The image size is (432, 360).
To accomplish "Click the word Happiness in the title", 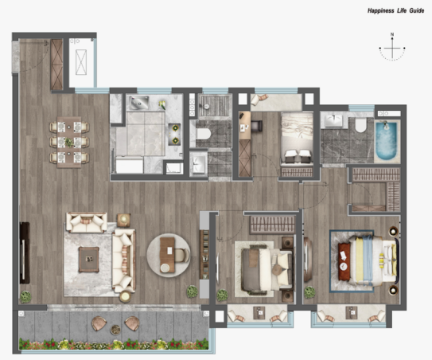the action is [381, 11].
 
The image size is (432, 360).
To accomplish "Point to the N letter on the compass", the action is [392, 34].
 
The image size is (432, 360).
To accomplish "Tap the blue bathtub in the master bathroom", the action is [387, 141].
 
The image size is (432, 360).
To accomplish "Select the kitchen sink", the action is [140, 103].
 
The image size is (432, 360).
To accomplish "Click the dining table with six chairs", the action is [69, 143].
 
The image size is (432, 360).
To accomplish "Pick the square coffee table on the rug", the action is [89, 260].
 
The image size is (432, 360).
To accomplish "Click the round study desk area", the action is [169, 256].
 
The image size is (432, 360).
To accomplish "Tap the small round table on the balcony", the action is [115, 330].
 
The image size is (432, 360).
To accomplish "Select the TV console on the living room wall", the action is [25, 253].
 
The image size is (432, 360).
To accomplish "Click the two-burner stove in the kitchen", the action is [175, 135].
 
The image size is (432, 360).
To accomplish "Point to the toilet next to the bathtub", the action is [360, 125].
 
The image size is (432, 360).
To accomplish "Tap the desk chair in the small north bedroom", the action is [256, 126].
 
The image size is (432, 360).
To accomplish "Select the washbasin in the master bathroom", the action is [333, 120].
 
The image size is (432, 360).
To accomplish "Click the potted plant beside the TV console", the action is [25, 297].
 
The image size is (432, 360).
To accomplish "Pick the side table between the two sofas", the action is [123, 220].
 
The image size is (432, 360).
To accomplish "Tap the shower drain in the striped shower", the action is [206, 106].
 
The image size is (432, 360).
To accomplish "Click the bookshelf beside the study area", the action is [204, 255].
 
